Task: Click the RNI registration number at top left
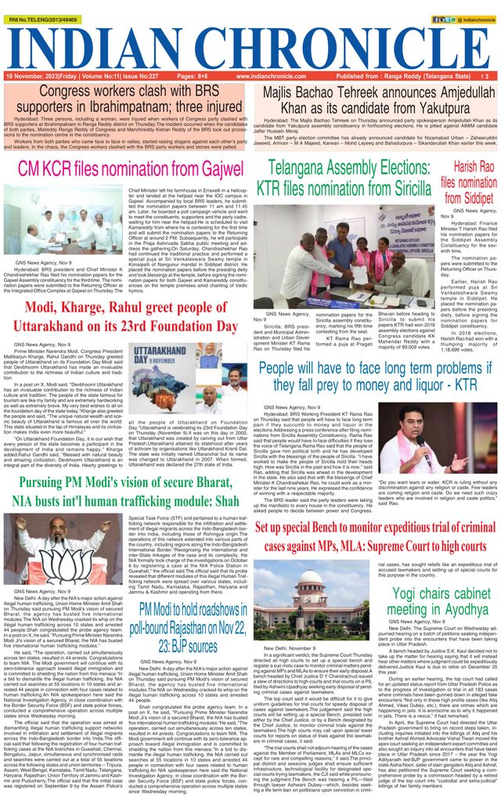tap(38, 8)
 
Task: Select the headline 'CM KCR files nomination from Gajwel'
tap(131, 168)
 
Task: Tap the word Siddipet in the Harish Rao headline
tap(468, 199)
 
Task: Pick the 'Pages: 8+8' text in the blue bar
tap(192, 77)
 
